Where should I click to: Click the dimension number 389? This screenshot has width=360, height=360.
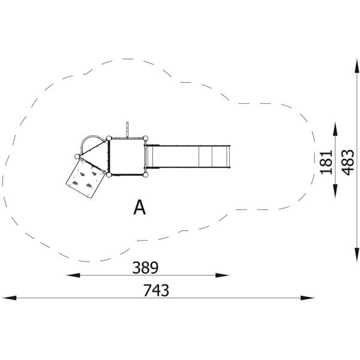[145, 268]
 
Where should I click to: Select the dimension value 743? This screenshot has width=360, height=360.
[156, 290]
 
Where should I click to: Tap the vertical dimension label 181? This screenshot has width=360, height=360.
[326, 163]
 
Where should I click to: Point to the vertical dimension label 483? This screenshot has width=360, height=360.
[347, 163]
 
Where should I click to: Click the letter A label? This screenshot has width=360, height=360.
[139, 207]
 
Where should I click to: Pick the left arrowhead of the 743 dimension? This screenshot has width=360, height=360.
[9, 298]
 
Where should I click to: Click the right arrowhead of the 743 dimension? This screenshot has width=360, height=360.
[307, 298]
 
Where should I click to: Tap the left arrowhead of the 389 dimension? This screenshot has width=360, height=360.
[73, 275]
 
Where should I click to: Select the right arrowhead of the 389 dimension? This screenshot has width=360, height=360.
[222, 275]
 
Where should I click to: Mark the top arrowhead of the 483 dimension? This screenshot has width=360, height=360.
[356, 66]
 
